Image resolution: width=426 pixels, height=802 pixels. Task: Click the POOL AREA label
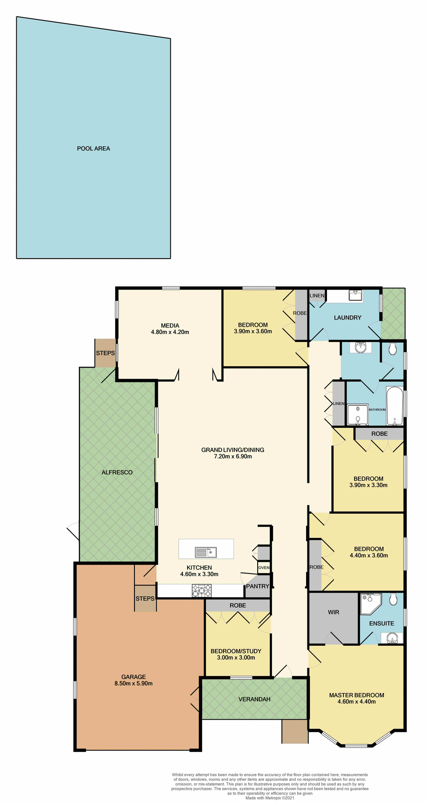pyautogui.click(x=93, y=149)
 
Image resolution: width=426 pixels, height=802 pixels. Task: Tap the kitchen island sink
pyautogui.click(x=205, y=552)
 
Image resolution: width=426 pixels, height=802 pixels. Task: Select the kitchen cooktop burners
pyautogui.click(x=202, y=591)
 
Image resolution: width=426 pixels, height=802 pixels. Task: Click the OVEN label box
pyautogui.click(x=264, y=568)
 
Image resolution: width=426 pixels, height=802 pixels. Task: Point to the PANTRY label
pyautogui.click(x=257, y=586)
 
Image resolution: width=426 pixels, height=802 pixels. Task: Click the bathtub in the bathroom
pyautogui.click(x=394, y=406)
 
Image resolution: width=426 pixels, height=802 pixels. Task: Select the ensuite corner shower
pyautogui.click(x=370, y=604)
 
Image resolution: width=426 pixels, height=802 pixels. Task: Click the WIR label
pyautogui.click(x=333, y=612)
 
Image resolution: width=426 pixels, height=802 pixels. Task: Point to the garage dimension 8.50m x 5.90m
pyautogui.click(x=134, y=683)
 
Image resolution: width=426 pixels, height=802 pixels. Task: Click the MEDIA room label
pyautogui.click(x=170, y=325)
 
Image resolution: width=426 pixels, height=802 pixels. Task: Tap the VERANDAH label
pyautogui.click(x=254, y=699)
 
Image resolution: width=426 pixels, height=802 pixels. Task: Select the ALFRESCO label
pyautogui.click(x=117, y=472)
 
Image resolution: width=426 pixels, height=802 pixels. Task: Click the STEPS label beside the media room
pyautogui.click(x=105, y=353)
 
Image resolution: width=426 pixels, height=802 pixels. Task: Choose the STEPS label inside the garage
pyautogui.click(x=145, y=599)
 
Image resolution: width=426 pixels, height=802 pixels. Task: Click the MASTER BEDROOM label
pyautogui.click(x=356, y=695)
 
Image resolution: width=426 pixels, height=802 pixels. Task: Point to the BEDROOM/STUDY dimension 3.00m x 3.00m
pyautogui.click(x=236, y=657)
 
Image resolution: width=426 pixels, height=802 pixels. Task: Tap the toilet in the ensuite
pyautogui.click(x=393, y=600)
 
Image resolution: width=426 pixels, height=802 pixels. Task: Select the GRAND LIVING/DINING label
pyautogui.click(x=233, y=450)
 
